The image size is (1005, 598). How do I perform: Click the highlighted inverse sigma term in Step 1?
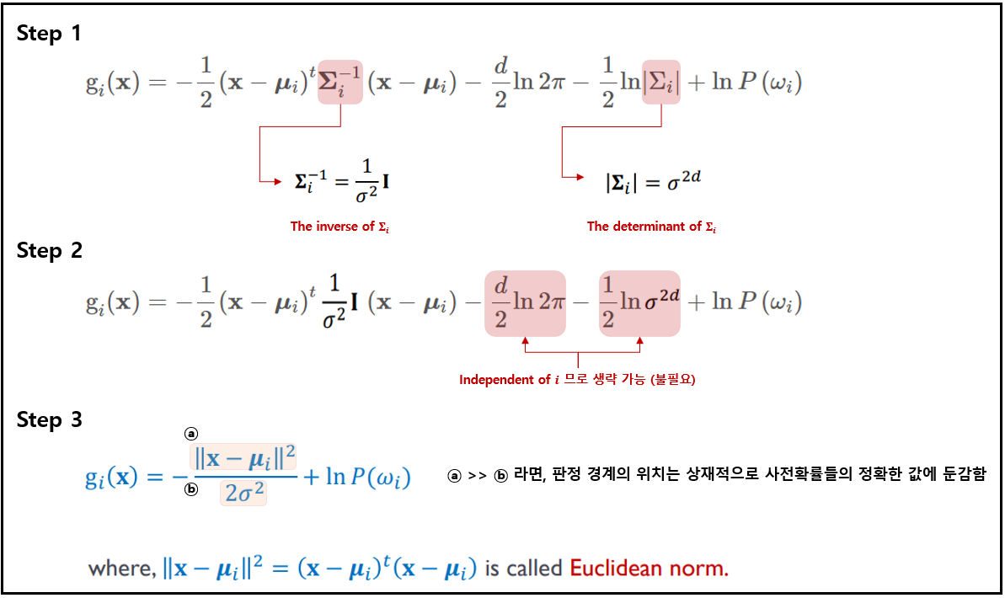click(340, 83)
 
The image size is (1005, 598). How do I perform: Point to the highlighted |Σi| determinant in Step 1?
click(661, 83)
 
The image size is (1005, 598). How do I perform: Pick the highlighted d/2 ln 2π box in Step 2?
click(525, 302)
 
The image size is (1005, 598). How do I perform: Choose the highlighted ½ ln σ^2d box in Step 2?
click(639, 302)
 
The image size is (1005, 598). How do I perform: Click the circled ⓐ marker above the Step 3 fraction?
click(191, 433)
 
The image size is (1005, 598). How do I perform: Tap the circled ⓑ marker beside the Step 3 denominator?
click(191, 489)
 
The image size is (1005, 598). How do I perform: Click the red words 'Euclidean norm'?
click(649, 569)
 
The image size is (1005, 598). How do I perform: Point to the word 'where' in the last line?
click(120, 569)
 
